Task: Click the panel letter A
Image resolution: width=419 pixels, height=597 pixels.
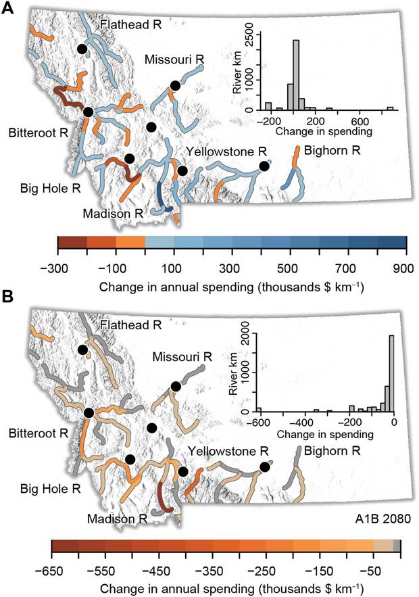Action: [9, 11]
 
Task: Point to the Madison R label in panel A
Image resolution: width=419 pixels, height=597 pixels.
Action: [113, 213]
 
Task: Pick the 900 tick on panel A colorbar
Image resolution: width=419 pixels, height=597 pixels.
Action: [405, 268]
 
